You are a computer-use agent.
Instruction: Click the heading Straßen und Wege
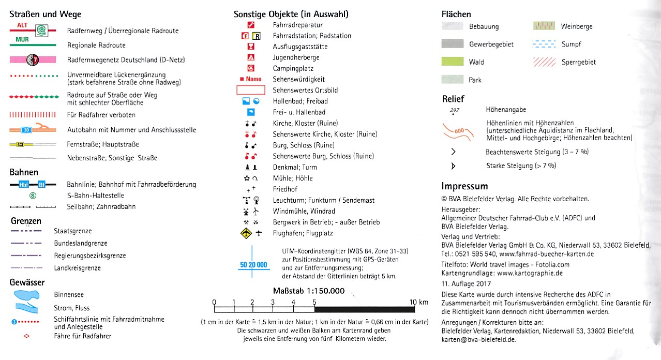click(x=46, y=14)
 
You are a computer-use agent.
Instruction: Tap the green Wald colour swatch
click(x=452, y=62)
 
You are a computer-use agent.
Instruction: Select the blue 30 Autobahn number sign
click(x=26, y=130)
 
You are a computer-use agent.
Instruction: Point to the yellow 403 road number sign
click(x=21, y=144)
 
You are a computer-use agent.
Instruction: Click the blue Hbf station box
click(x=23, y=184)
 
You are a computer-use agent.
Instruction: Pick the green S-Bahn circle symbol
click(x=33, y=196)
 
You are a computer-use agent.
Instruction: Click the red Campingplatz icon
click(x=251, y=68)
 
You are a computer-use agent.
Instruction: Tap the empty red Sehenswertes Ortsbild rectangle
click(x=251, y=90)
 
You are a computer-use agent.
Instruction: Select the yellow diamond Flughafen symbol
click(x=246, y=233)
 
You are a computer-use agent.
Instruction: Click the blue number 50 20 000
click(x=253, y=265)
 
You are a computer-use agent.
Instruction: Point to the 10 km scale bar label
click(x=419, y=302)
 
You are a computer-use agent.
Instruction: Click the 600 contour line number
click(x=459, y=131)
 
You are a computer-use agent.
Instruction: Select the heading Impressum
click(x=464, y=186)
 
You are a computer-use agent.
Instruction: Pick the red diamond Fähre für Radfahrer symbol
click(x=27, y=336)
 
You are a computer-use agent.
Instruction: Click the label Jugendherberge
click(x=296, y=57)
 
